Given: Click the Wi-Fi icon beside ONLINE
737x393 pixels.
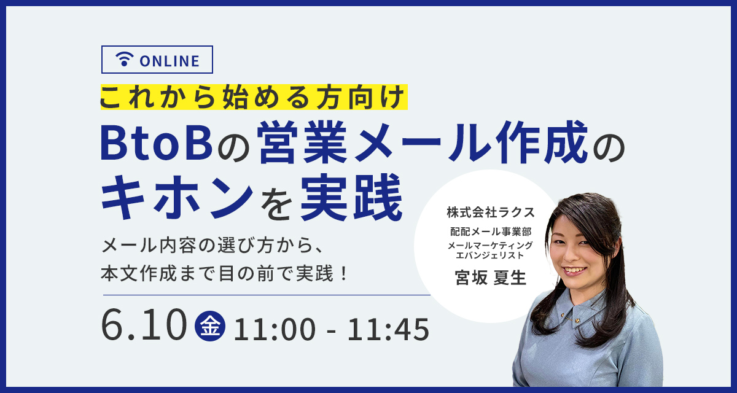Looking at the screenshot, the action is (124, 59).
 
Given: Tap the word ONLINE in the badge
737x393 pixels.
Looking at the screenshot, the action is (170, 61).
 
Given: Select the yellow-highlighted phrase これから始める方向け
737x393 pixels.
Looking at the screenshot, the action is (253, 97).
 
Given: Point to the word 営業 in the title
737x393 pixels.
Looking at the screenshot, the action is (302, 142).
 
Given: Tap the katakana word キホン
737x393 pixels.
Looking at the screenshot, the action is (177, 196).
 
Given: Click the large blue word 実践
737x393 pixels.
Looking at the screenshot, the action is (351, 196).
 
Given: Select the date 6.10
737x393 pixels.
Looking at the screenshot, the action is (144, 325).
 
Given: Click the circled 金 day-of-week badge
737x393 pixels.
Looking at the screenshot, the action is (210, 326).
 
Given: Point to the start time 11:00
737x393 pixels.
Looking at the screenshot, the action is (275, 329).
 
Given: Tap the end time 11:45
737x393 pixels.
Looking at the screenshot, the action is (388, 329).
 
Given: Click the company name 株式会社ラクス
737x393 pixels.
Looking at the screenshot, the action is (491, 212).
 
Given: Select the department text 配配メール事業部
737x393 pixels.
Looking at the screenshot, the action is (491, 232).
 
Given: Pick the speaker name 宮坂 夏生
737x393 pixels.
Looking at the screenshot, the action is (491, 278).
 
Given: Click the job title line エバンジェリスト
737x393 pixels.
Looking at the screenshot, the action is (490, 255).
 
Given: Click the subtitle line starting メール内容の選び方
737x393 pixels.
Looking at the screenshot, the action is (213, 246).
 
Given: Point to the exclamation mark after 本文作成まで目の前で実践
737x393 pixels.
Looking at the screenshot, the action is (344, 274).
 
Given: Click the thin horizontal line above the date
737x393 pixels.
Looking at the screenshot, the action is (267, 295).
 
